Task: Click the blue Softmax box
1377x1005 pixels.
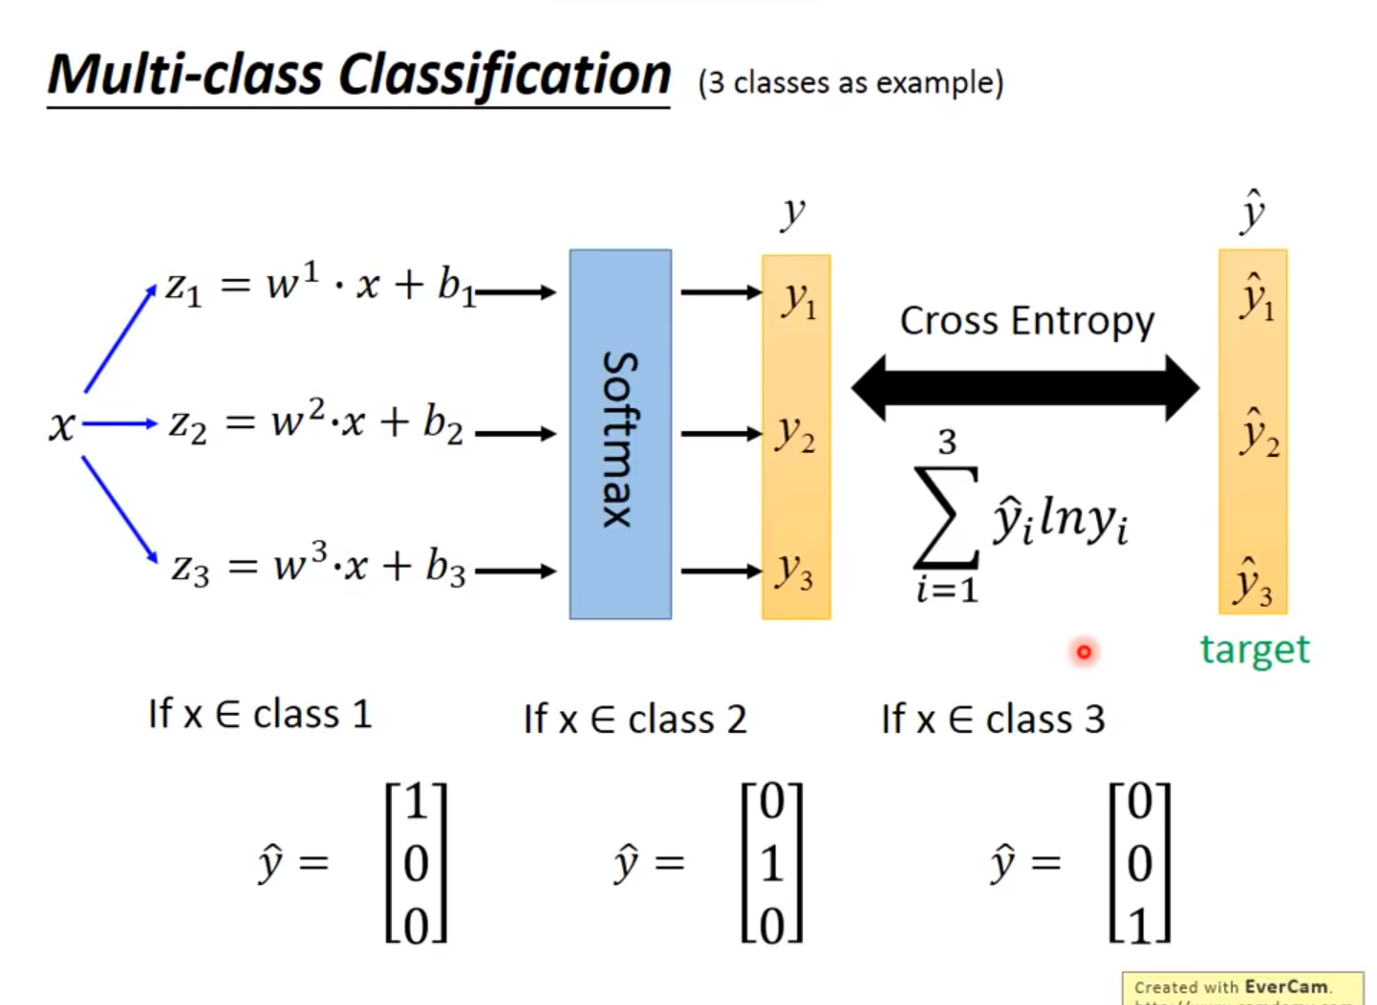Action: (x=620, y=434)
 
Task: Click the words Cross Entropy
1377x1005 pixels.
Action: (x=1026, y=321)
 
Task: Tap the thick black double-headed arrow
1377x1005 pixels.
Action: (x=1024, y=388)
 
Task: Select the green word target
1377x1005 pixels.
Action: (x=1253, y=650)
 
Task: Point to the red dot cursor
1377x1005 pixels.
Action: (x=1084, y=652)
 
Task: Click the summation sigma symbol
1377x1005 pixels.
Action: (x=946, y=517)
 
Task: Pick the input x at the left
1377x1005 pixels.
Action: (x=62, y=424)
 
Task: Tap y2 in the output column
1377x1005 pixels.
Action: (x=795, y=434)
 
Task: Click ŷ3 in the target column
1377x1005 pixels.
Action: (x=1252, y=582)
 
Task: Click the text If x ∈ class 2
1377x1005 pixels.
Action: (x=634, y=719)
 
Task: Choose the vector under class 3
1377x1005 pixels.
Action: (x=1139, y=863)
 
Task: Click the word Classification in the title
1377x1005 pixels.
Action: (x=504, y=75)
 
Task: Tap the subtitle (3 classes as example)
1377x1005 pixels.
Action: (x=851, y=83)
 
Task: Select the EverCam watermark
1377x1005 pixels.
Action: (x=1242, y=988)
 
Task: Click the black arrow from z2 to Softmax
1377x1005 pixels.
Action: (x=515, y=434)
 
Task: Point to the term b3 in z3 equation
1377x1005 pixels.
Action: (x=445, y=568)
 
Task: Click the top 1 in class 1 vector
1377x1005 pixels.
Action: (x=415, y=802)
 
